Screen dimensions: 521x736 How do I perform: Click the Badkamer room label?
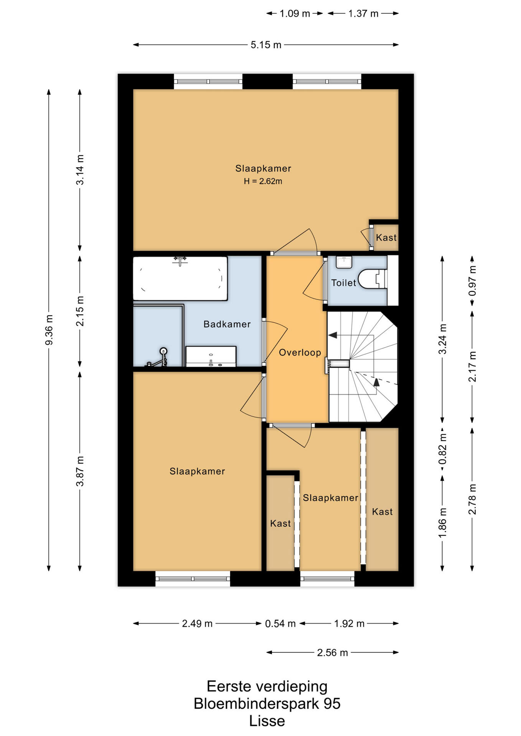tap(227, 324)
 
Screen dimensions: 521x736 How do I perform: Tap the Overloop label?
tap(300, 353)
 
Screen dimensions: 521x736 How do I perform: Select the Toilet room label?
tap(344, 283)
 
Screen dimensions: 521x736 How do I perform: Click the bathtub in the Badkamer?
tap(180, 278)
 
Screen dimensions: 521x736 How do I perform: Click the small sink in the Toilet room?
tap(344, 262)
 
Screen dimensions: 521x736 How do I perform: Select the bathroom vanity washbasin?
tap(211, 356)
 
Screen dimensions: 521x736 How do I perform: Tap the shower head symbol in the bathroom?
tap(163, 351)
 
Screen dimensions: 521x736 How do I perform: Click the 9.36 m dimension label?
tap(49, 330)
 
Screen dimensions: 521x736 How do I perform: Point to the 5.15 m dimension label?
tap(266, 45)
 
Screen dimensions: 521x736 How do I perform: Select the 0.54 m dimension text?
tap(280, 624)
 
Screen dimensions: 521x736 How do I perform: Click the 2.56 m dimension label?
tap(332, 652)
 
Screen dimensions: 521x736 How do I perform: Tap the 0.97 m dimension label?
tap(472, 281)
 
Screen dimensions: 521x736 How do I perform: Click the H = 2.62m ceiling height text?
tap(263, 181)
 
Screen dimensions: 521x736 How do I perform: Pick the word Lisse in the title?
tap(267, 721)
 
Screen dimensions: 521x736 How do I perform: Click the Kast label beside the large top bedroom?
tap(386, 238)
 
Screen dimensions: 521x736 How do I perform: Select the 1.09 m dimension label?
tap(295, 14)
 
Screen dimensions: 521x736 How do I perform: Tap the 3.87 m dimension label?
tap(80, 471)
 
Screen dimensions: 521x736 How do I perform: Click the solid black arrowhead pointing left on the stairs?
tap(333, 335)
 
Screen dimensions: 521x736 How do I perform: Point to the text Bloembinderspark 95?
tap(267, 704)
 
